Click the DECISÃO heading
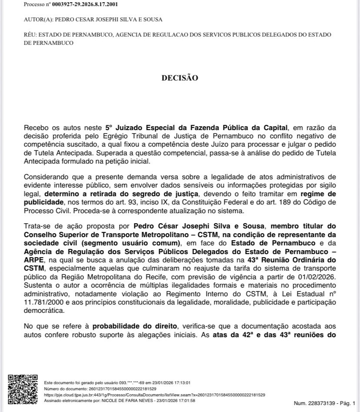click(180, 78)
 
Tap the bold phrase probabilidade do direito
click(134, 326)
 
